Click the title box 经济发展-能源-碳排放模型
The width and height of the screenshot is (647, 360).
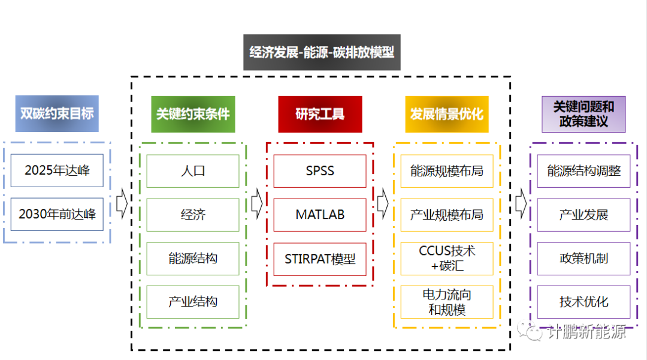(x=322, y=52)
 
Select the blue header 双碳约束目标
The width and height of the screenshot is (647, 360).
(x=57, y=113)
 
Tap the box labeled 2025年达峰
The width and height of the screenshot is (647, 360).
(x=57, y=170)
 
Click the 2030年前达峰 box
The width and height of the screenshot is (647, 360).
(x=57, y=214)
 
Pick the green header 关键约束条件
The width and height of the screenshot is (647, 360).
(x=193, y=114)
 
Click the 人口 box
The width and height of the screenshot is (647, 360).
(x=193, y=171)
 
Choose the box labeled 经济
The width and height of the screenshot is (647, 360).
(x=193, y=215)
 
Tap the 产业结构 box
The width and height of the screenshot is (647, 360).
(x=193, y=302)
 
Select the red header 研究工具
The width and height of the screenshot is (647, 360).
(x=320, y=114)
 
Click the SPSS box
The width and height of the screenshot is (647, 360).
(x=320, y=171)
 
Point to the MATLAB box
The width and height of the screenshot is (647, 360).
(x=320, y=215)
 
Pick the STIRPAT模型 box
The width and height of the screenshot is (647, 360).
(x=320, y=259)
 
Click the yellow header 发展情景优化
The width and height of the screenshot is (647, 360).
(x=447, y=114)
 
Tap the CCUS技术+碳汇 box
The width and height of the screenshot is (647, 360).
(x=447, y=258)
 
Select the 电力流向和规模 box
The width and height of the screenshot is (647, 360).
(x=447, y=302)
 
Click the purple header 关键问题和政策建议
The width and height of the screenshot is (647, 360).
(x=583, y=114)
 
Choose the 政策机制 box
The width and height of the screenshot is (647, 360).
(x=583, y=259)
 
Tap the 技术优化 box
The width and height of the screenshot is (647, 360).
(x=583, y=302)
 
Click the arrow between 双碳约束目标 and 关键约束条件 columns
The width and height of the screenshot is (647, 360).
(x=122, y=205)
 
